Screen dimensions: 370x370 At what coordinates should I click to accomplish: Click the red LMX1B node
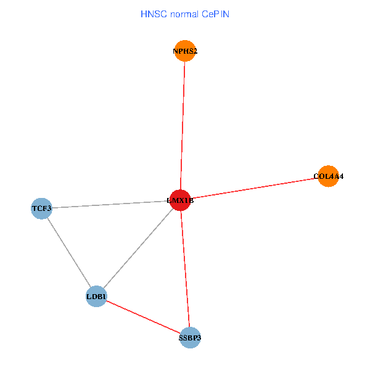[180, 200]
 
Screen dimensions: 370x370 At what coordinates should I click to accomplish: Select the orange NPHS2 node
[185, 51]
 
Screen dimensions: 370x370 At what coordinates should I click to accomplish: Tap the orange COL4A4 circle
[328, 176]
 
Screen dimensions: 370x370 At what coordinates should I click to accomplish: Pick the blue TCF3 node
[41, 208]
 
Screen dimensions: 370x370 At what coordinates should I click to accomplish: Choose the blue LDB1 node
[97, 297]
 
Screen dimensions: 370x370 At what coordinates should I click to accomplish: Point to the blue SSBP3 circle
[190, 337]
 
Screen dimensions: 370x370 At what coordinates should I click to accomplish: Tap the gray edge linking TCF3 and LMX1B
[111, 205]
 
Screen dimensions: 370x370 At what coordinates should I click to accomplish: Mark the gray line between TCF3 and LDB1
[69, 253]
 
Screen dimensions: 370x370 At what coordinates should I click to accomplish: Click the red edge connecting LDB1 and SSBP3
[143, 317]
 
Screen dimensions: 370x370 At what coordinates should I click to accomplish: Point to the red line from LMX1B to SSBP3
[185, 269]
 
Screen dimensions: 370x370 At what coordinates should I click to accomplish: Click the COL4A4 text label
[328, 176]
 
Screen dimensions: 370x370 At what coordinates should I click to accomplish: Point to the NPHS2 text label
[185, 51]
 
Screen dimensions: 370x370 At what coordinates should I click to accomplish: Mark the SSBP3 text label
[190, 338]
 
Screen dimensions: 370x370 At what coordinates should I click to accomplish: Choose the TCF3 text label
[41, 209]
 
